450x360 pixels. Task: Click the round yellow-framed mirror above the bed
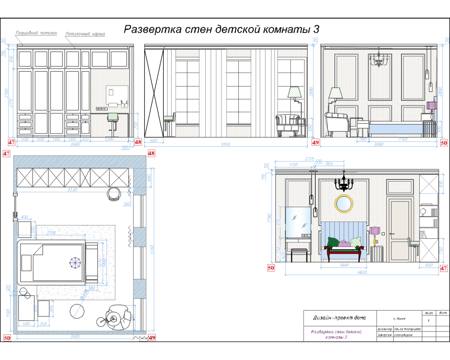343,203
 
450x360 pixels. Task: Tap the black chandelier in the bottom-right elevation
344,183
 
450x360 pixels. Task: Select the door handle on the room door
391,233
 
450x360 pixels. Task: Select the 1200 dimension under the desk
109,139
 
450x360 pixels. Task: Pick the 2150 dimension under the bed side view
403,139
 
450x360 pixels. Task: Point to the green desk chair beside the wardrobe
112,116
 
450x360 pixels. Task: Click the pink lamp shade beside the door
374,230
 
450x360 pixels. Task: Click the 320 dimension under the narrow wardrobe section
85,139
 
